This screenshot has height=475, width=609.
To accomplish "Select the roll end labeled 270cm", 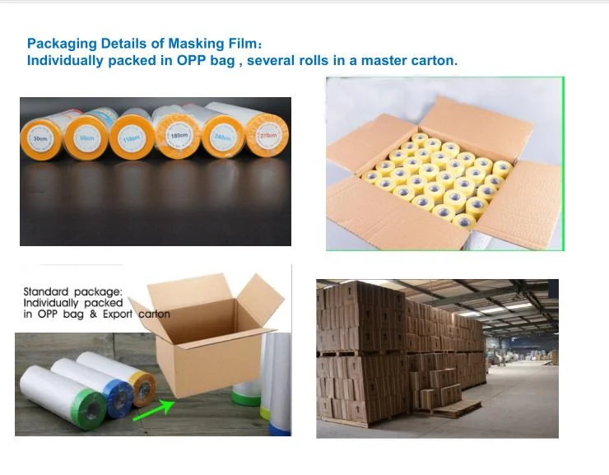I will coord(267,133).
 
